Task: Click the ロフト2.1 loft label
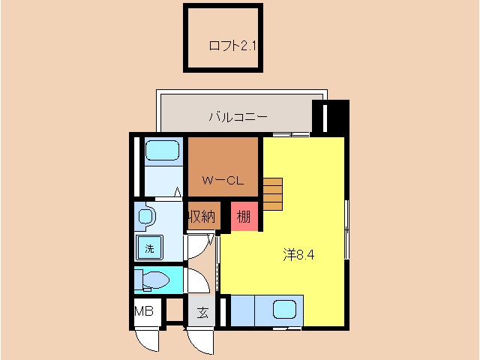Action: pyautogui.click(x=232, y=46)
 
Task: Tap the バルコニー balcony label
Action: pyautogui.click(x=238, y=116)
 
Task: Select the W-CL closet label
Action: pyautogui.click(x=222, y=180)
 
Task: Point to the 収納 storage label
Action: pyautogui.click(x=203, y=217)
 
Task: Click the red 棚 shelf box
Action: pyautogui.click(x=244, y=217)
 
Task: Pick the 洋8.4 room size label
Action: pyautogui.click(x=298, y=254)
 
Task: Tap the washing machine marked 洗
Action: pyautogui.click(x=149, y=247)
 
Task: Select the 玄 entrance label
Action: pyautogui.click(x=202, y=313)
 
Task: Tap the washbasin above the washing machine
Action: pyautogui.click(x=146, y=217)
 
